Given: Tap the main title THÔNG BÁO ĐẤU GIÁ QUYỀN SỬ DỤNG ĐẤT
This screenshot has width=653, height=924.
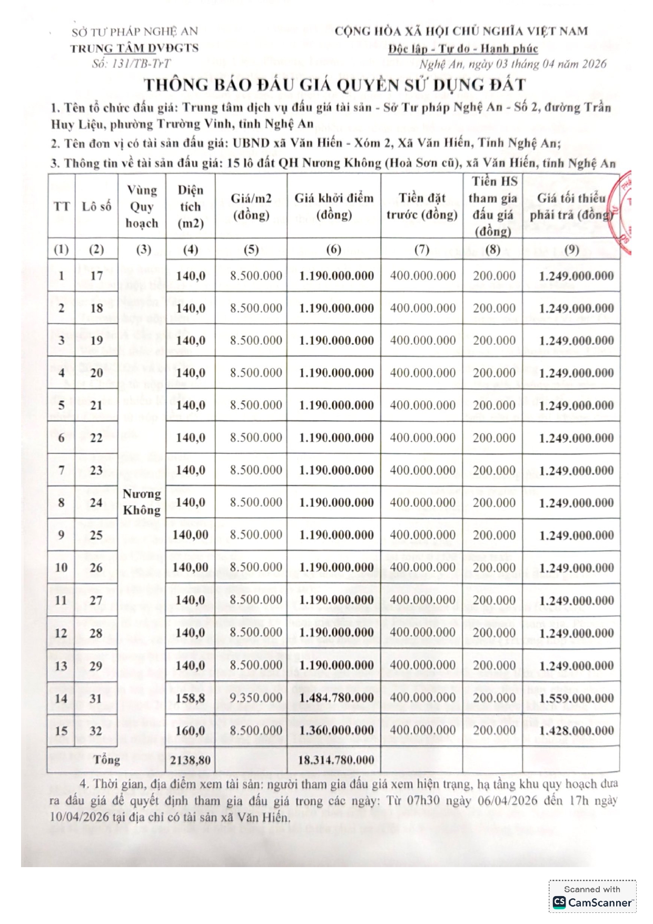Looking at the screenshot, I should coord(335,85).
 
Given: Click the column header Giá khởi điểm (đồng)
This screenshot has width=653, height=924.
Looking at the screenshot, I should coord(334,206).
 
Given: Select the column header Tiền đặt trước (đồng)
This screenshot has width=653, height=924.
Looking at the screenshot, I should coord(422,206).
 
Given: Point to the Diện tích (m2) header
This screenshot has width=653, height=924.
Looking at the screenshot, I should coord(190,206).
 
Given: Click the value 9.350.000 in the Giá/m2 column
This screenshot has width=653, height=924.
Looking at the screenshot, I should coord(256,698).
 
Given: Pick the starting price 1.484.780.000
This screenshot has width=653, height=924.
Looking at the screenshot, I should coord(337,698).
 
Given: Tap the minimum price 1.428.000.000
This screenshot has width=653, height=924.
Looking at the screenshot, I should coord(576,731).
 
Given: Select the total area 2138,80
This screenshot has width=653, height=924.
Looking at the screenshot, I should coord(190,760).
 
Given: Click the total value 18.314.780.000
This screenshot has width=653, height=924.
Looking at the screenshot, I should coord(336,760).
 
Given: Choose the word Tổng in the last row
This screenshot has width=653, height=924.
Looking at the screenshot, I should coord(106,760).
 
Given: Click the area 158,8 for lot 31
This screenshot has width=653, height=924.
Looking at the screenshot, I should coord(190,698).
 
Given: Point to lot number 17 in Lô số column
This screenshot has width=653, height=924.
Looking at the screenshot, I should coord(96,275).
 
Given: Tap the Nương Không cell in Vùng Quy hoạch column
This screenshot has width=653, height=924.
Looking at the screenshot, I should coord(142,502).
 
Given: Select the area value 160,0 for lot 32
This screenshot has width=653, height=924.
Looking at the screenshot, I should coord(190,731).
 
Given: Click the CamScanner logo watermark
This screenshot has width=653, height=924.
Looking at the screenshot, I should coord(592,902).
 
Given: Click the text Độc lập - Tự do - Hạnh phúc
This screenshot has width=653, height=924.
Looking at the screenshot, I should coord(463,49).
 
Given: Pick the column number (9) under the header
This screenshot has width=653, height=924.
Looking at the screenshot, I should coord(571,250).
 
